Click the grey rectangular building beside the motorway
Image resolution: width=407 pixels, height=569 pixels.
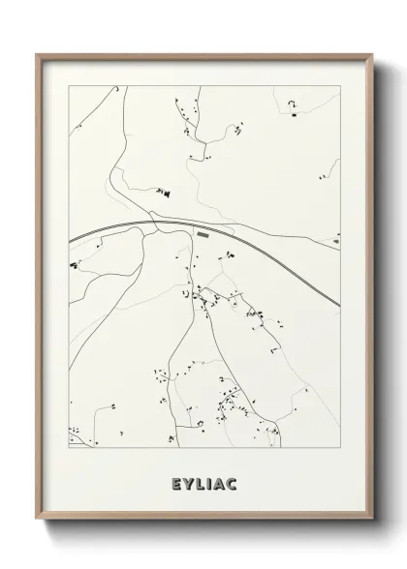pyautogui.click(x=203, y=233)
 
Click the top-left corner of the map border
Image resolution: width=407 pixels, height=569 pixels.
pyautogui.click(x=69, y=86)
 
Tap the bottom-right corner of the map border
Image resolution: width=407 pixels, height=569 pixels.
pyautogui.click(x=340, y=447)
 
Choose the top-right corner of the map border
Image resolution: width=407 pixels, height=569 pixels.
pyautogui.click(x=340, y=86)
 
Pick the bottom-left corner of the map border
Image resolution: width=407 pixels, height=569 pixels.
pyautogui.click(x=69, y=447)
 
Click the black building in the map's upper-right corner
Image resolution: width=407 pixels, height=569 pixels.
pyautogui.click(x=293, y=115)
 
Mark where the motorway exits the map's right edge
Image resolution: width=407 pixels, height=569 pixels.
pyautogui.click(x=339, y=307)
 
